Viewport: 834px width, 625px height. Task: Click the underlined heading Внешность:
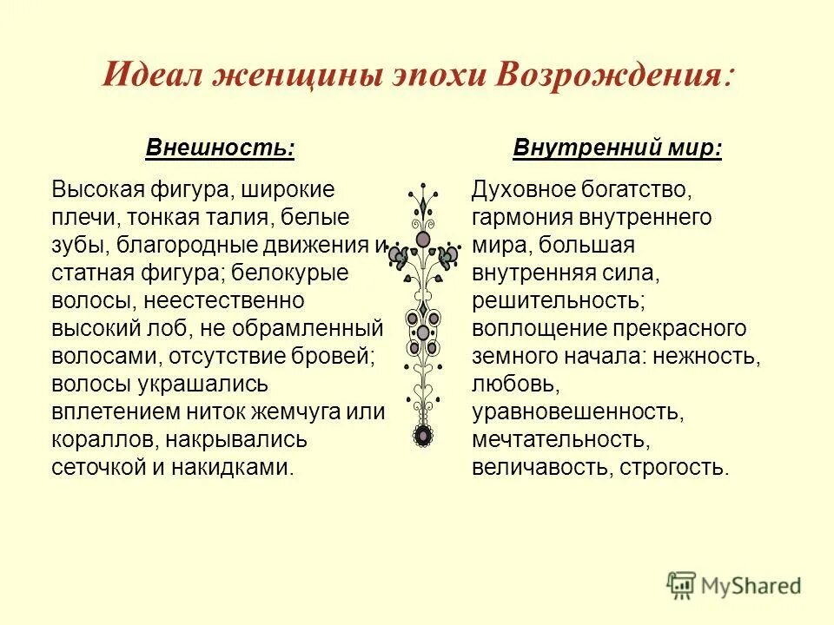coord(221,148)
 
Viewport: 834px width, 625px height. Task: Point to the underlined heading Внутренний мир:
coord(618,148)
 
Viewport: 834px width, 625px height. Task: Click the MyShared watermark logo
coord(734,585)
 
